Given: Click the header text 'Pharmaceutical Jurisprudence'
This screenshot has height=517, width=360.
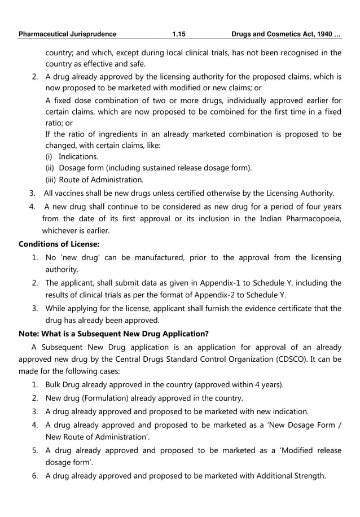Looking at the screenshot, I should tap(67, 34).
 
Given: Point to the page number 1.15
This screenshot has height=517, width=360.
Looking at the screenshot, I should tap(179, 34).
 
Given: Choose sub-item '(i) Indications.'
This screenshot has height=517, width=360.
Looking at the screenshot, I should tap(72, 156).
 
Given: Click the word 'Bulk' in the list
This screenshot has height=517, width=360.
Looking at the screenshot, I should tap(55, 385).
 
